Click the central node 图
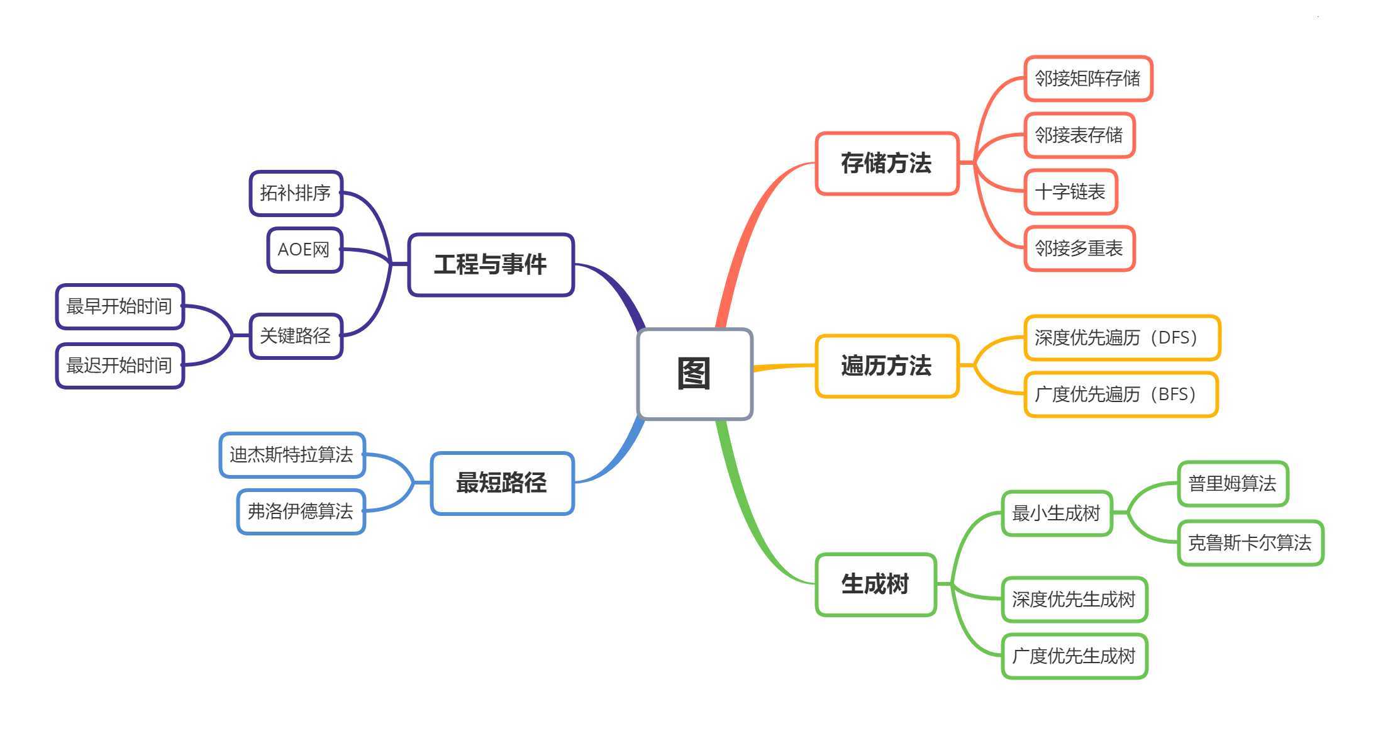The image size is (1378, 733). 694,374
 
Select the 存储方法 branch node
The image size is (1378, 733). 886,164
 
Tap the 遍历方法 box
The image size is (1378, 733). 886,366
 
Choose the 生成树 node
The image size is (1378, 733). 875,585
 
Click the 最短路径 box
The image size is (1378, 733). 502,483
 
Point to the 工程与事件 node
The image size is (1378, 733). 491,265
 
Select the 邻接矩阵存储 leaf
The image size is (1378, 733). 1087,79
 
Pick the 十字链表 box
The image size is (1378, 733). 1070,192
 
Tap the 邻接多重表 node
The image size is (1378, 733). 1079,249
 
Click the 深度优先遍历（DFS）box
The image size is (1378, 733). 1121,338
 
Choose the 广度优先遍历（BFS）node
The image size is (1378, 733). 1120,394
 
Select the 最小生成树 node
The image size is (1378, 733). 1056,513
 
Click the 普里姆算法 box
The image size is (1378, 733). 1232,484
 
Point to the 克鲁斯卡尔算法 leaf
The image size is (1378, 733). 1250,543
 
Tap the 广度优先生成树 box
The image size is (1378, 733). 1074,656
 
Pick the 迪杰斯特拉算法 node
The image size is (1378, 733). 292,455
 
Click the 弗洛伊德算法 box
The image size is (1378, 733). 301,512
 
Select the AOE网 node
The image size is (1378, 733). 304,250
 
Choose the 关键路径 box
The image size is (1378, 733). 296,336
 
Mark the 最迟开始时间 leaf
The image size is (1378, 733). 119,366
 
